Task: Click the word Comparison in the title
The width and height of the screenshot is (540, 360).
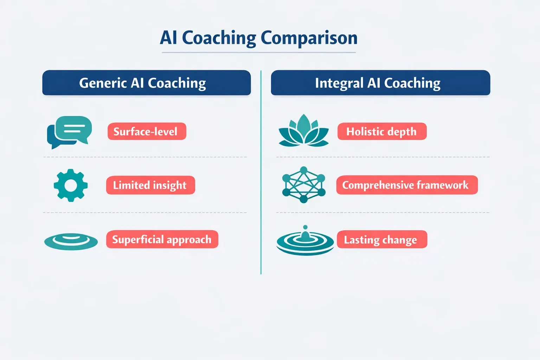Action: pyautogui.click(x=309, y=38)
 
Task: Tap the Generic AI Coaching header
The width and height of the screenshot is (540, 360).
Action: pyautogui.click(x=146, y=83)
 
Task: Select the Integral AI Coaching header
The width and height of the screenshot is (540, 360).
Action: pyautogui.click(x=380, y=83)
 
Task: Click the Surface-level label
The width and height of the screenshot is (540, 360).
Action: pyautogui.click(x=147, y=131)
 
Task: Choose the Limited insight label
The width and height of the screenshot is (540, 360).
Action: pyautogui.click(x=150, y=185)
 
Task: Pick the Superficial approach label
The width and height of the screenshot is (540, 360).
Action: pyautogui.click(x=162, y=239)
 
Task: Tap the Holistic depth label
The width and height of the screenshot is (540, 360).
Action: pyautogui.click(x=382, y=131)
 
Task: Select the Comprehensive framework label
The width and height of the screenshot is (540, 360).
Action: pyautogui.click(x=407, y=185)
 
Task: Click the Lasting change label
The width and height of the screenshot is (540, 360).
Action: pyautogui.click(x=382, y=239)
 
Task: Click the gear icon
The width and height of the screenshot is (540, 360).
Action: pyautogui.click(x=71, y=185)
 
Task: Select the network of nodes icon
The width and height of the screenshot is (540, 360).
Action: pyautogui.click(x=304, y=185)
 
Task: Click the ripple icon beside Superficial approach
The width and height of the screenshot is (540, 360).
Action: pyautogui.click(x=71, y=241)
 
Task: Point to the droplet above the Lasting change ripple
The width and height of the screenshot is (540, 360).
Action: pyautogui.click(x=305, y=227)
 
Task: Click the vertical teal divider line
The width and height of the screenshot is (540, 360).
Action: pyautogui.click(x=261, y=172)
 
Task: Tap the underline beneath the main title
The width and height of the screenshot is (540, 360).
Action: pyautogui.click(x=259, y=52)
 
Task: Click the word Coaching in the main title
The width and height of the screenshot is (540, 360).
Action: pyautogui.click(x=219, y=38)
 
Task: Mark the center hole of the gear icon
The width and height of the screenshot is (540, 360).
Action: pyautogui.click(x=71, y=185)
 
